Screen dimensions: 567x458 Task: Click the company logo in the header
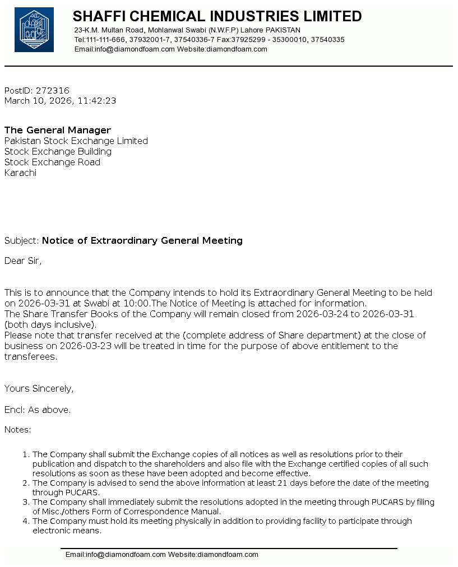tap(34, 30)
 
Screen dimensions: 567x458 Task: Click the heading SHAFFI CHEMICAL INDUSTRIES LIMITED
tap(217, 16)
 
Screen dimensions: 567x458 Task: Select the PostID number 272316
tap(53, 90)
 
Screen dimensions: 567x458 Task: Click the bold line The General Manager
tap(58, 130)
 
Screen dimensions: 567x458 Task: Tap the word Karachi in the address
tap(20, 173)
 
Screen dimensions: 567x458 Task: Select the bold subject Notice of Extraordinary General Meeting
tap(142, 240)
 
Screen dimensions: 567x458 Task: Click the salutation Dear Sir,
tap(23, 261)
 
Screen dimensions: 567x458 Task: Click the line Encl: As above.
tap(38, 410)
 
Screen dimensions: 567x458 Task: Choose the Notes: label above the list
tap(18, 430)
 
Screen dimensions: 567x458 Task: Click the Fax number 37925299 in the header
tap(252, 40)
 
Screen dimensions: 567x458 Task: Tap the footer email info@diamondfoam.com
tap(115, 555)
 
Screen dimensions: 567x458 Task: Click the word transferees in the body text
tap(30, 356)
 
